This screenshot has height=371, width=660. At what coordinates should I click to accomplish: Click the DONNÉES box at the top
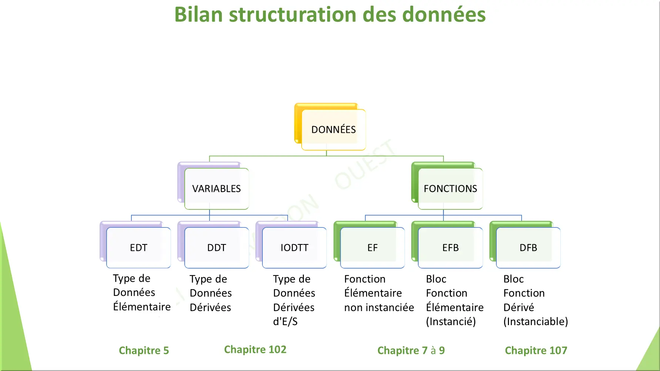pos(334,130)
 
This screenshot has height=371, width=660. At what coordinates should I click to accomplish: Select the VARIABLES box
pos(217,189)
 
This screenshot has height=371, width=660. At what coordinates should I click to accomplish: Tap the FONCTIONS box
pos(450,189)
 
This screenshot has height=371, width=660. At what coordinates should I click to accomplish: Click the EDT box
pos(138,248)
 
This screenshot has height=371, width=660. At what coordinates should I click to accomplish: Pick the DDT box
pos(217,248)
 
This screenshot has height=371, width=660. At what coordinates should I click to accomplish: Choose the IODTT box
pos(294,248)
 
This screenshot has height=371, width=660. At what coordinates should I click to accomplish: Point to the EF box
pos(372,248)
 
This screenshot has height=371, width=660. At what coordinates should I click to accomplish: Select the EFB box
pos(450,248)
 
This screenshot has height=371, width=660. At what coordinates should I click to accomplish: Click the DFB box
pos(528,248)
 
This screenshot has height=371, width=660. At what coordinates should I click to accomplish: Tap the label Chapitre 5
pos(144,350)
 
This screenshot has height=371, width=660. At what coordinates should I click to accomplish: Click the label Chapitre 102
pos(255,350)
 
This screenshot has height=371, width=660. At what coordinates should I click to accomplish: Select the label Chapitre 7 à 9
pos(411,350)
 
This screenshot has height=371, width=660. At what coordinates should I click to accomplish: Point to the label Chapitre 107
pos(536,350)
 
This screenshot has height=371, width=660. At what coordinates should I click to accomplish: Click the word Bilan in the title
pos(198,15)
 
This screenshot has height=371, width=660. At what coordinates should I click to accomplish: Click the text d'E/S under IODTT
pos(285,321)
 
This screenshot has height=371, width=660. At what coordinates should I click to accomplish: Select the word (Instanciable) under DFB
pos(535,321)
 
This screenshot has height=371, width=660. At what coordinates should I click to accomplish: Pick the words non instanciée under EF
pos(379,307)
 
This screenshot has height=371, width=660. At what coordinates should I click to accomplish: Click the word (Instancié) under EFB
pos(450,321)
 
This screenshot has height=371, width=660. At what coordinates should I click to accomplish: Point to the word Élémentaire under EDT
pos(142,307)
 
